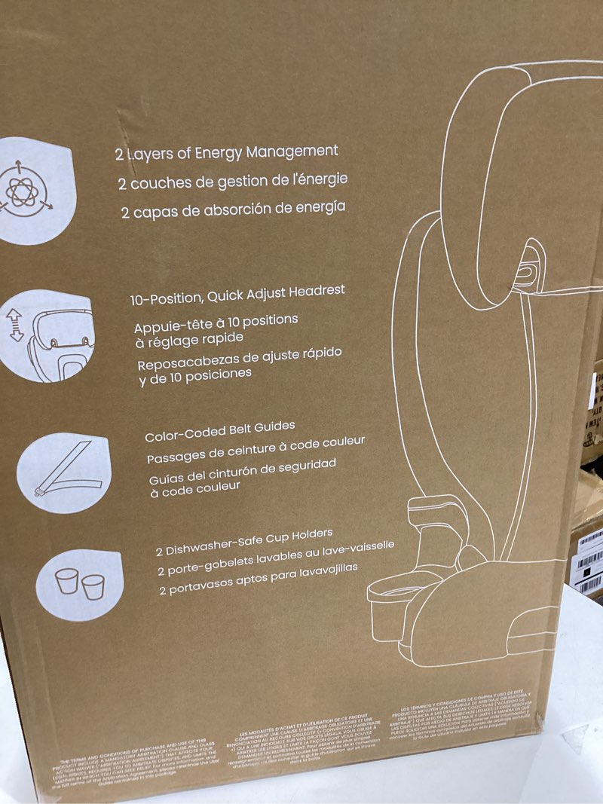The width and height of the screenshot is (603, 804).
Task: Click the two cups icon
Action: pyautogui.click(x=78, y=584)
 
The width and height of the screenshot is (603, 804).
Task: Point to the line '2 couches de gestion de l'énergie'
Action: pyautogui.click(x=232, y=181)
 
